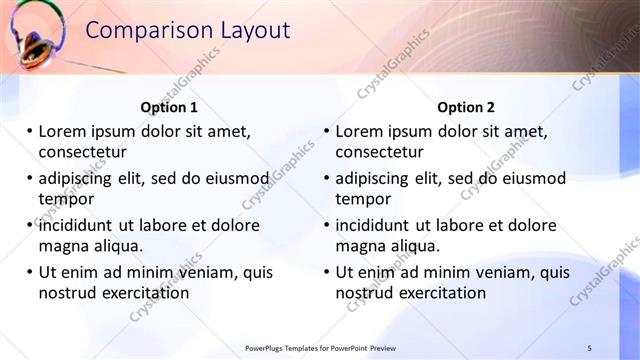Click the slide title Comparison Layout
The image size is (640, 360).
coord(187,31)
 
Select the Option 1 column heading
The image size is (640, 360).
coord(169,107)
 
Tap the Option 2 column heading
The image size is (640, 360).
coord(466,107)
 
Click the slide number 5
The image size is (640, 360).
coord(589,347)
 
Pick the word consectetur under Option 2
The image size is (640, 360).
coord(379,152)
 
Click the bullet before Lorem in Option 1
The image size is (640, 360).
coord(29,131)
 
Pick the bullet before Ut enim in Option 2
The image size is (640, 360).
coord(326,272)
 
